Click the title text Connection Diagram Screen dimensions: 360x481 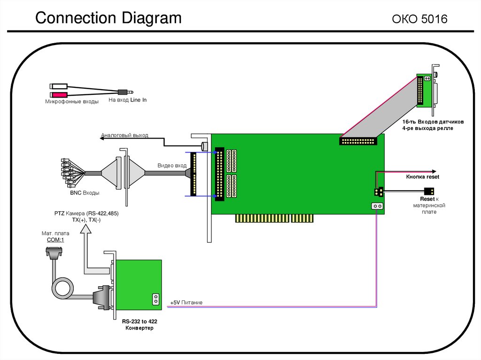109,18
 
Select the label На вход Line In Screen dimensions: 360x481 128,100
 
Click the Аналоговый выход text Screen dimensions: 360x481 124,136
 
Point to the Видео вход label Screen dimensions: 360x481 172,166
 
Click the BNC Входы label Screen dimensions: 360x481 85,192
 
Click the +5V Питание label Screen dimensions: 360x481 186,303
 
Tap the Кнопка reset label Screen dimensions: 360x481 422,177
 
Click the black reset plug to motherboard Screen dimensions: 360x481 428,191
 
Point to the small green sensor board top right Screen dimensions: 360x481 425,92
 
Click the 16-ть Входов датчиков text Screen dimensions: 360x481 433,122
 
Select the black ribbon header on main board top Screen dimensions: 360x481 358,140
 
